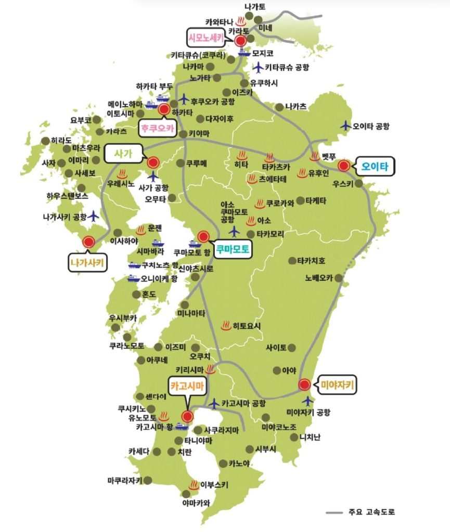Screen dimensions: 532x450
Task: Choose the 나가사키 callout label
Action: pos(87,263)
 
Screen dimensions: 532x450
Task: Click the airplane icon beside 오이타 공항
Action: pos(345,125)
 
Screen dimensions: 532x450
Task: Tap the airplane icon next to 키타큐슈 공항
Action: pos(258,67)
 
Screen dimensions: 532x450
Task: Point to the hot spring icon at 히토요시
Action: pos(226,326)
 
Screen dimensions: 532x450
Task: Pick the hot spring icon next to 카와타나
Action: pos(241,22)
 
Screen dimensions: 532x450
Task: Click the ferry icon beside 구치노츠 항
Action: pos(134,265)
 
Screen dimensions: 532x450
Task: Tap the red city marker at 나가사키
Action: pos(88,242)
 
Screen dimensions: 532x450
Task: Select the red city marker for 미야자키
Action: pos(304,385)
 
